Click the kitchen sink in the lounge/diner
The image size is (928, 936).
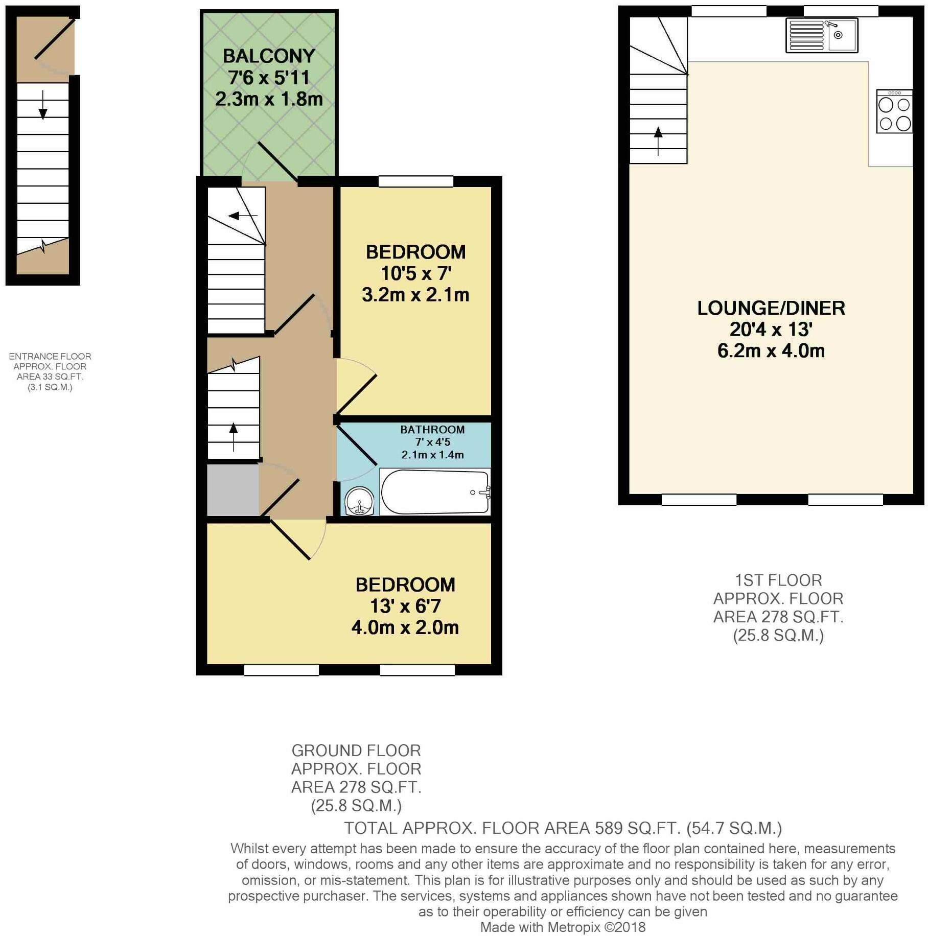pyautogui.click(x=822, y=35)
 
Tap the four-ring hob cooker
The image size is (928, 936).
pyautogui.click(x=894, y=111)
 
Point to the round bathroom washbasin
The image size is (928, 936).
pyautogui.click(x=359, y=501)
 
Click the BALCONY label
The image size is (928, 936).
pyautogui.click(x=269, y=56)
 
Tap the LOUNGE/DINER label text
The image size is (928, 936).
pyautogui.click(x=771, y=308)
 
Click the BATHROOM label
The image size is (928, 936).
pyautogui.click(x=432, y=430)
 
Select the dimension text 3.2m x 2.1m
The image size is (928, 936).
pyautogui.click(x=415, y=295)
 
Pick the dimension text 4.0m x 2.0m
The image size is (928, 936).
pyautogui.click(x=405, y=627)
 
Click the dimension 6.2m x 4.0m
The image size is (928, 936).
pyautogui.click(x=771, y=351)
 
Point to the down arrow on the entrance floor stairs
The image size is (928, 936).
pyautogui.click(x=43, y=105)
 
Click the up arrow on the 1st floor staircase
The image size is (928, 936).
pyautogui.click(x=658, y=141)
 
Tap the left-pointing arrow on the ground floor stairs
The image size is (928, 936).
pyautogui.click(x=243, y=216)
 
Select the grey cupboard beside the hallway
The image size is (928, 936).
pyautogui.click(x=233, y=489)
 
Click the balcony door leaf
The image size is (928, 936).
pyautogui.click(x=278, y=162)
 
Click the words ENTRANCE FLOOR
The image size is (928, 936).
pyautogui.click(x=50, y=357)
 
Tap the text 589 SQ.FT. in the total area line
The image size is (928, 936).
pyautogui.click(x=637, y=828)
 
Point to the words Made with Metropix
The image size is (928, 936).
pyautogui.click(x=541, y=927)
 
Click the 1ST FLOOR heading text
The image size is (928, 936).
pyautogui.click(x=778, y=580)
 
